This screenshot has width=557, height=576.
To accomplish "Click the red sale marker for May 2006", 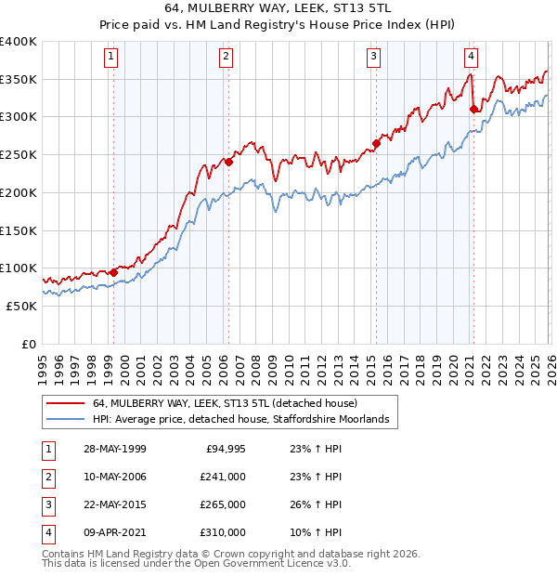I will point(228,162).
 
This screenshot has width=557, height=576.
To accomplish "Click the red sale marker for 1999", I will point(114,272).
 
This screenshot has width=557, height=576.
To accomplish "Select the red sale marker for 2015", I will point(377,143).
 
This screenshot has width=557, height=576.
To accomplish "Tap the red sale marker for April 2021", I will point(473,109).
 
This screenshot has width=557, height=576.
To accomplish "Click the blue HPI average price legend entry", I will point(246,420).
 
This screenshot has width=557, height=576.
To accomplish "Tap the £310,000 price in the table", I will point(222,532).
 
